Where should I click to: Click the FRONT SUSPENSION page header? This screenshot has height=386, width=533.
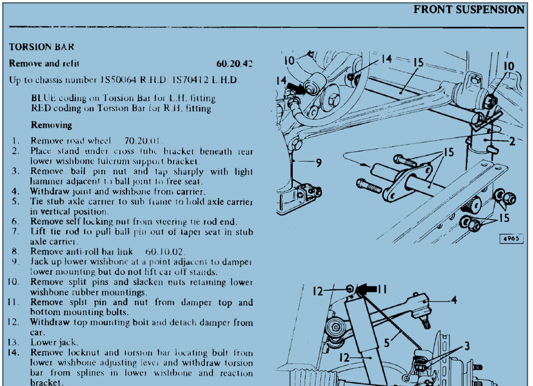469,9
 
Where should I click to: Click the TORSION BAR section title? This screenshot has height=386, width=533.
42,47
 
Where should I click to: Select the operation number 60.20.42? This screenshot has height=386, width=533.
234,64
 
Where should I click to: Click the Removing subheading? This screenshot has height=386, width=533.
51,125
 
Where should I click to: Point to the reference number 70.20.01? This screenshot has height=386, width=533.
143,141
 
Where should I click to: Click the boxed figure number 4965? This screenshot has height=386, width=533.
511,239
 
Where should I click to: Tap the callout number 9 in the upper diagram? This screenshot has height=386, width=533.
318,163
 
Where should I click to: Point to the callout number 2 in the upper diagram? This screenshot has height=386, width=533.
511,142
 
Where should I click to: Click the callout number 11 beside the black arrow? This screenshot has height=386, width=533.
382,289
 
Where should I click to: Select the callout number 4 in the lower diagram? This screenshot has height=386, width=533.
454,300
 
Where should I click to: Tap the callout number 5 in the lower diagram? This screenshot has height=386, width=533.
387,342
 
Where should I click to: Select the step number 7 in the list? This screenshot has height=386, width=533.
16,232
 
